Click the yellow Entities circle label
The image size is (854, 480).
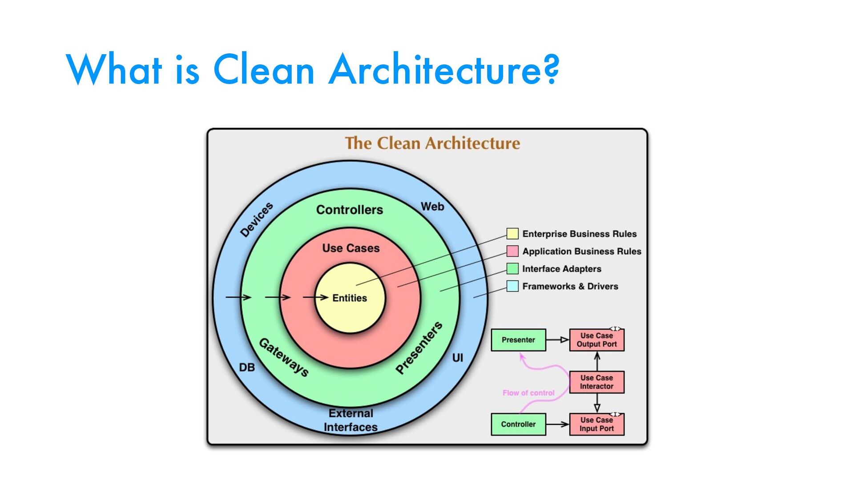click(350, 298)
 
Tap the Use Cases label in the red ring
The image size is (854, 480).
click(351, 248)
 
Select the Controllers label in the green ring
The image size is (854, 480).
click(349, 210)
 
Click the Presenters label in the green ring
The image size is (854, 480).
click(419, 348)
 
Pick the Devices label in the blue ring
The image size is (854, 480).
click(257, 220)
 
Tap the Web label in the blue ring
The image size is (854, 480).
click(432, 207)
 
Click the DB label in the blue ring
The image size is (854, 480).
click(247, 368)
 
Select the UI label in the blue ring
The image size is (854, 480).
click(458, 358)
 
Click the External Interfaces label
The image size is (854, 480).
click(350, 420)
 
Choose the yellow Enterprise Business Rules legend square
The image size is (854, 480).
click(512, 234)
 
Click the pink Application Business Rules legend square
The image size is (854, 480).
click(512, 251)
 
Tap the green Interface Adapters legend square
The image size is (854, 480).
click(512, 268)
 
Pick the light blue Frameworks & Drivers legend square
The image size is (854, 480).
click(512, 286)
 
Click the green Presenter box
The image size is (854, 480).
click(518, 340)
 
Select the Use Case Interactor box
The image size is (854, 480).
click(596, 382)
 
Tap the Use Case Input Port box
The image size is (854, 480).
click(596, 424)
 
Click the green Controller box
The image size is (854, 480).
click(518, 424)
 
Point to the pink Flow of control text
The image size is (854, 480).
click(528, 393)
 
